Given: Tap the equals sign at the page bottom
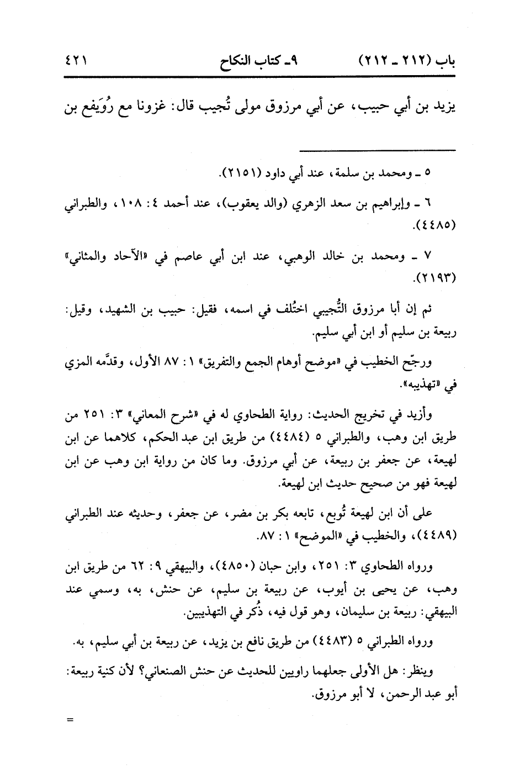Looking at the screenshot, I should pos(70,720).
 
